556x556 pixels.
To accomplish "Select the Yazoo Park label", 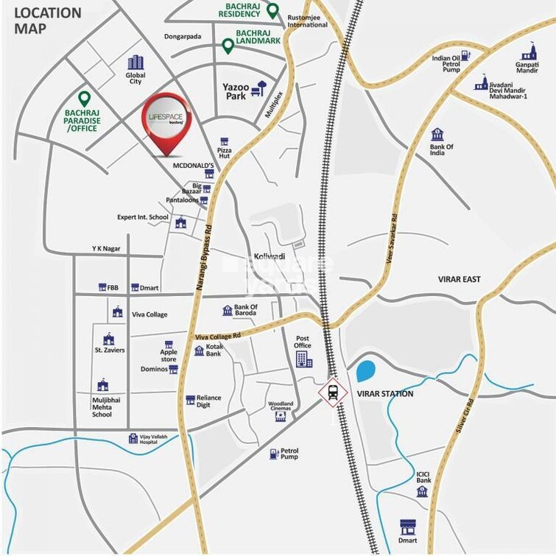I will click(x=236, y=91).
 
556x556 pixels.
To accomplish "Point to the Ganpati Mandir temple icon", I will click(x=527, y=53).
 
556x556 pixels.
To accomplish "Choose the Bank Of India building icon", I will click(x=437, y=134).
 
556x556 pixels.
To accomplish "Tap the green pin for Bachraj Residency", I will click(x=272, y=10).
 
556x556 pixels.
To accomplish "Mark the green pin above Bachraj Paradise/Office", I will click(x=84, y=98).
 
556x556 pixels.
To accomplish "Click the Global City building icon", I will click(x=136, y=63).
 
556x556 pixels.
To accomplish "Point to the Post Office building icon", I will click(x=303, y=359).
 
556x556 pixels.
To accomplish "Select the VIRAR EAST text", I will click(x=459, y=279).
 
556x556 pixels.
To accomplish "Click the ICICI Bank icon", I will click(x=422, y=491).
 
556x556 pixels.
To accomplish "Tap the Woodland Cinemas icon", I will click(x=280, y=417).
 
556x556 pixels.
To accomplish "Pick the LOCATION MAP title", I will click(x=48, y=21).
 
